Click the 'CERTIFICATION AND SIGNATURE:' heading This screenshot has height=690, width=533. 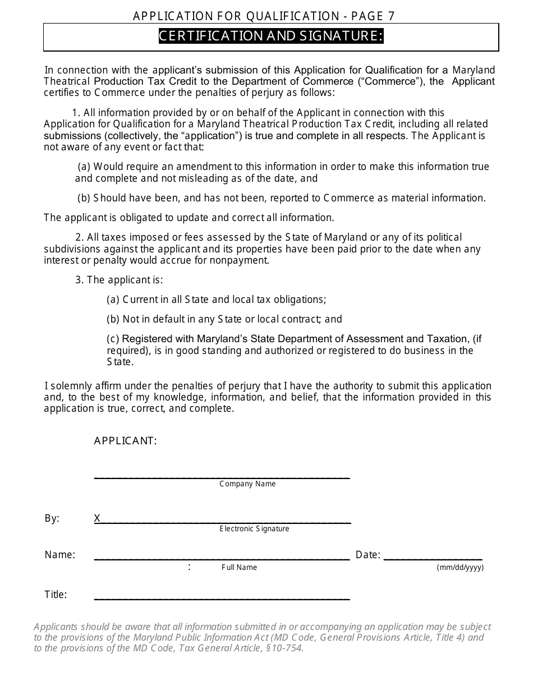(271, 36)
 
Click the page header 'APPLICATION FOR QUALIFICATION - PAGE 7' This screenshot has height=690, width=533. (264, 16)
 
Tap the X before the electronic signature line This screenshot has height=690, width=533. (97, 518)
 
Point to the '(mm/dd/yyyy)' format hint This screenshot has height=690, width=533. (460, 567)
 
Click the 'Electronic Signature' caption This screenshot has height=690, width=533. (254, 528)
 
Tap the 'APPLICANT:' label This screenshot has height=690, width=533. (125, 441)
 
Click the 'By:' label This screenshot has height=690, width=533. (52, 518)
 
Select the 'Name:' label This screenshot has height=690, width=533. (59, 555)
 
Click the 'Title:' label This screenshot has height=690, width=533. (56, 595)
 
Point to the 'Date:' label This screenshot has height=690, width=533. (368, 555)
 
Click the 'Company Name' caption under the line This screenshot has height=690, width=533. (247, 484)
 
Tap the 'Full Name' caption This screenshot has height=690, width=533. (239, 567)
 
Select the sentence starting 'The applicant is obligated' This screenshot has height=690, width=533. (189, 218)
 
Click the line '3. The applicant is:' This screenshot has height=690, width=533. (119, 280)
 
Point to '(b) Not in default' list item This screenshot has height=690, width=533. (224, 319)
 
